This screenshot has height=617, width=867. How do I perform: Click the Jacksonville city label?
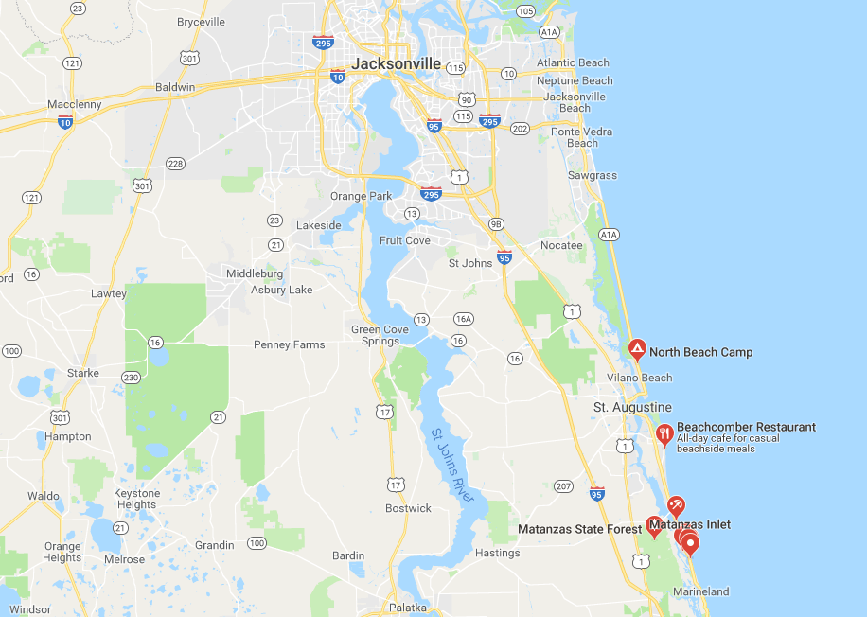pos(396,63)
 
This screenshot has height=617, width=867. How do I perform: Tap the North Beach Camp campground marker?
pos(638,350)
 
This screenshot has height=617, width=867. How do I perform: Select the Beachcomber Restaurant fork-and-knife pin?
pos(664,434)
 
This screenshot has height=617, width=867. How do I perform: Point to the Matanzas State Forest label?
pos(579,528)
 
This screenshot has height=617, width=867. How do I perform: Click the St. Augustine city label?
pos(632,407)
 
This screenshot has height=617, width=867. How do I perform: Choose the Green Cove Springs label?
pos(380,335)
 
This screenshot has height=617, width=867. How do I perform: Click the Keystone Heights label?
pos(137,499)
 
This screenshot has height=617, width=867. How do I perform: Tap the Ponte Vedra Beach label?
pos(582,137)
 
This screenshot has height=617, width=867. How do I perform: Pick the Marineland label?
pos(700,591)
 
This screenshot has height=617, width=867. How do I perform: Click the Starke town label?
pos(83,373)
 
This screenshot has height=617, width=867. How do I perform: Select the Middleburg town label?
pos(255,273)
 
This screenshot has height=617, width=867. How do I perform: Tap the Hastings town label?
pos(498,553)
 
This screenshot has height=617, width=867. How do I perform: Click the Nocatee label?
pos(561,245)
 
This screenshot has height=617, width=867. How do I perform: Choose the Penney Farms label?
pos(289,344)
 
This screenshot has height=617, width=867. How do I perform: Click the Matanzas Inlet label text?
pos(691,524)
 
